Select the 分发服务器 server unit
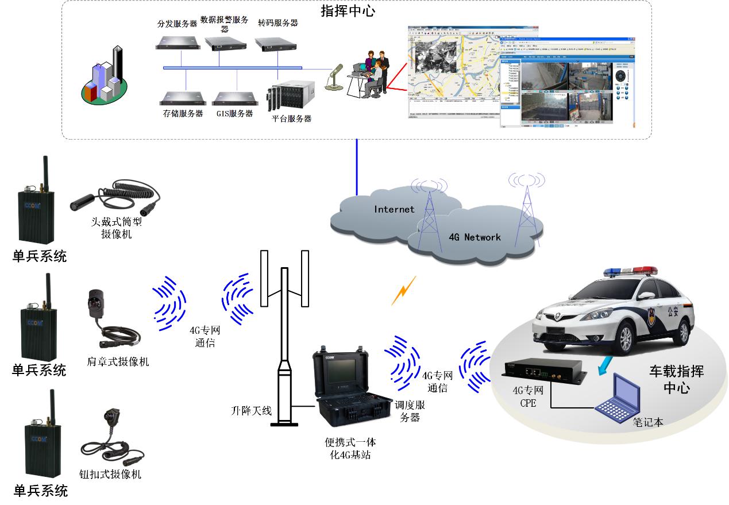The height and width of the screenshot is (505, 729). coord(179,41)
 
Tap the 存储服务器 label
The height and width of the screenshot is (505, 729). coord(183,114)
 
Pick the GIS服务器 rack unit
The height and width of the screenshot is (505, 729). coord(234,97)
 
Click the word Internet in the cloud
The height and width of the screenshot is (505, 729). coord(394,209)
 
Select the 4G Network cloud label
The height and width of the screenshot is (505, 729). coord(475,237)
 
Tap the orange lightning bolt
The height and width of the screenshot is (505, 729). coord(403,290)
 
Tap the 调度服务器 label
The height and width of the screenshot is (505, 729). coord(409,411)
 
